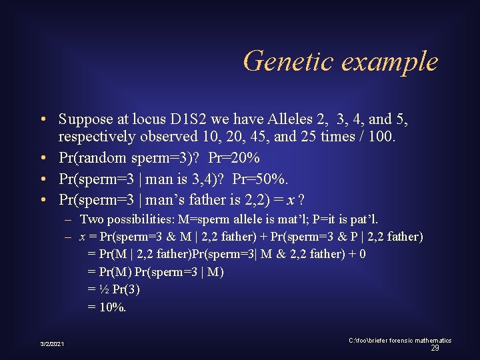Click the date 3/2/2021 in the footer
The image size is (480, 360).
pyautogui.click(x=52, y=343)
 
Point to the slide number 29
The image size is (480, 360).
pyautogui.click(x=435, y=348)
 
